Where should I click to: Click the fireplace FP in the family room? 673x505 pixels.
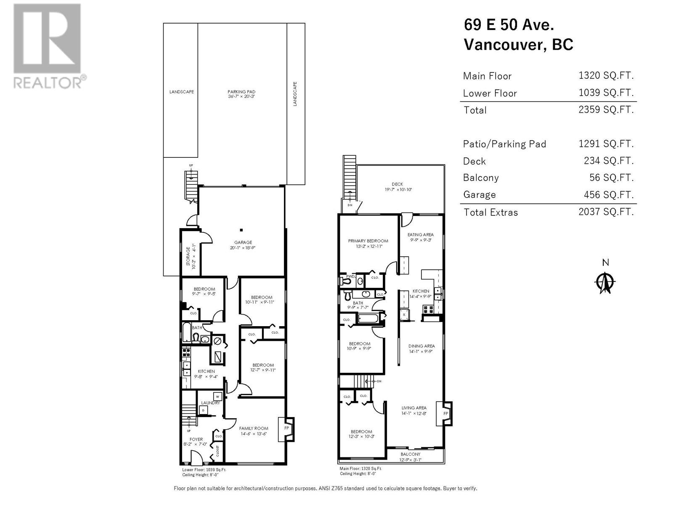coord(287,428)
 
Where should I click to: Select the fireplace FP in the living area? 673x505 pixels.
coord(445,414)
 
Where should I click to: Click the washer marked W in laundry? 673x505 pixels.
coord(217,396)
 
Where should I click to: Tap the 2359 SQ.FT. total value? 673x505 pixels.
coord(606,110)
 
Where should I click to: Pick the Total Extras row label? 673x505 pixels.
coord(490,213)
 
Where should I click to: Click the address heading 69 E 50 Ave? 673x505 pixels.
coord(509,25)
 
